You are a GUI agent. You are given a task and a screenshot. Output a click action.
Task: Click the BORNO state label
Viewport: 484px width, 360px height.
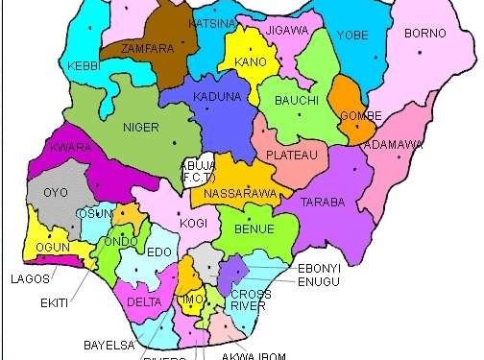click(426, 34)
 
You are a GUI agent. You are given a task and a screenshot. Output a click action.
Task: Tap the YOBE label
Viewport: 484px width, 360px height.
click(352, 36)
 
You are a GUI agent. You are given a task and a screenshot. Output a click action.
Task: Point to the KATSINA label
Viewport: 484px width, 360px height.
click(212, 21)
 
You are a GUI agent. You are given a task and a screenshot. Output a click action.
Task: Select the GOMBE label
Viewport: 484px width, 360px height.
click(360, 117)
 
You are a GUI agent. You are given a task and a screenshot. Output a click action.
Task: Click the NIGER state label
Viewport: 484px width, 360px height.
click(140, 127)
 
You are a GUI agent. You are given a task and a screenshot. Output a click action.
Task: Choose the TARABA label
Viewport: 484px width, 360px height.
click(323, 203)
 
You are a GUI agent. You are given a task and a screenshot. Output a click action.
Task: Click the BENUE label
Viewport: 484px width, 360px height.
click(254, 229)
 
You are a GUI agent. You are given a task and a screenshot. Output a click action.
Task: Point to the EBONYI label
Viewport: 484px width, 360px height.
click(319, 265)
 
